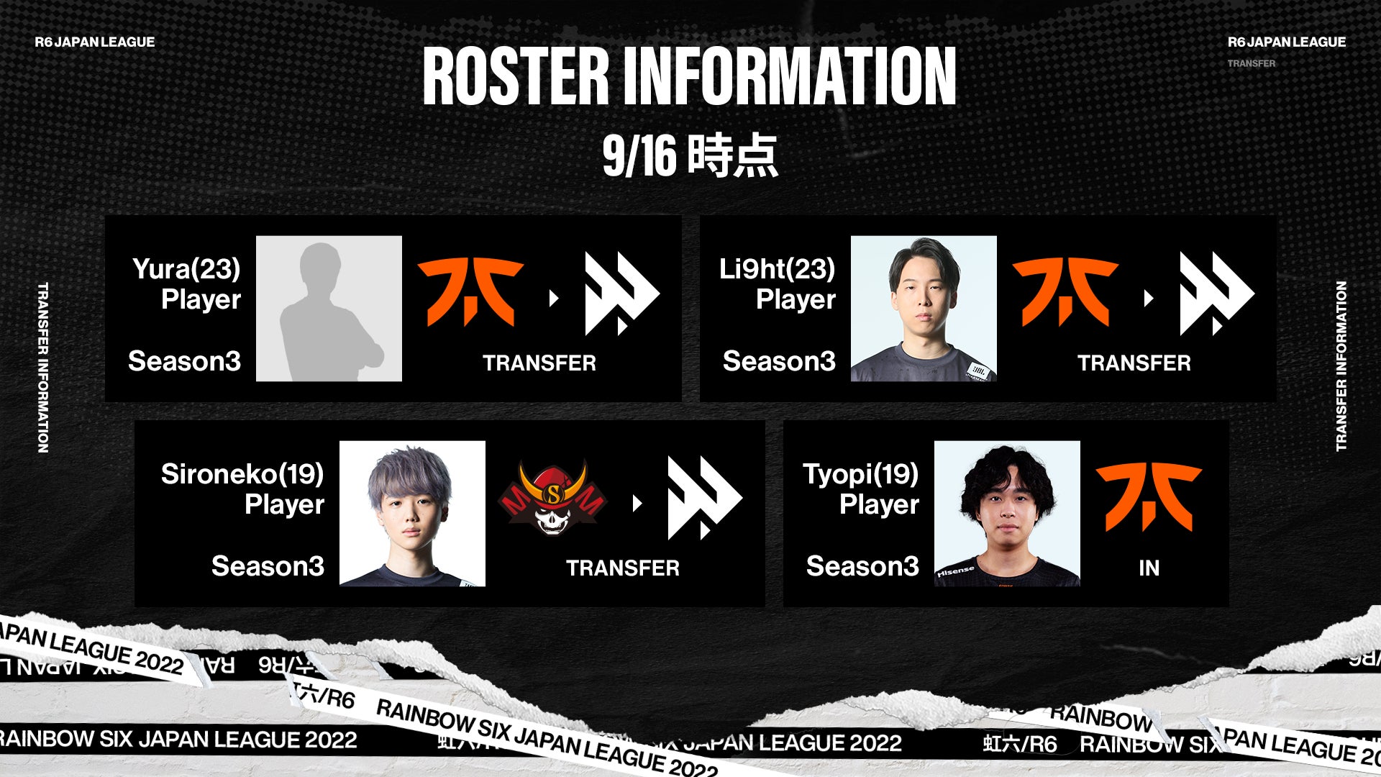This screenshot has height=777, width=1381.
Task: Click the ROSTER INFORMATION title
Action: coord(689,76)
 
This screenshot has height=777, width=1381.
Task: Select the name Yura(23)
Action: coord(186,269)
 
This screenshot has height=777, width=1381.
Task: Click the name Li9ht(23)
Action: coord(777,269)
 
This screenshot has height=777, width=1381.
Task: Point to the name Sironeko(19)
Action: coord(242,474)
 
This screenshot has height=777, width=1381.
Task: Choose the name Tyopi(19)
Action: coord(860,474)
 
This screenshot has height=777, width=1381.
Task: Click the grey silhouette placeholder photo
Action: coord(329,309)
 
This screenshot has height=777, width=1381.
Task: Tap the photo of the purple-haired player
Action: coord(412,514)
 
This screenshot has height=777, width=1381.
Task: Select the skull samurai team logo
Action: coord(552,498)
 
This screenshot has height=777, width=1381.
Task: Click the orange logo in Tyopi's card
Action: coord(1149,496)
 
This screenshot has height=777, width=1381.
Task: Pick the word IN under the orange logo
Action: coord(1149,568)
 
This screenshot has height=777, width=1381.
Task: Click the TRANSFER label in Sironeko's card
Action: coord(622,568)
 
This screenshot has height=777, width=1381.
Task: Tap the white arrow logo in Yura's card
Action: coord(621,294)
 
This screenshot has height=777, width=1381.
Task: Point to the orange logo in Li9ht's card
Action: coord(1065,292)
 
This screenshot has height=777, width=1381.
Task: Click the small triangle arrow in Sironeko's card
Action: coord(637,504)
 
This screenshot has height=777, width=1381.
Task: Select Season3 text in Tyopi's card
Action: coord(862,567)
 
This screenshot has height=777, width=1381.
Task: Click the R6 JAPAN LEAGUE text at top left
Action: coord(95,42)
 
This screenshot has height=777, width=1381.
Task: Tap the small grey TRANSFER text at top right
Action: coord(1251,63)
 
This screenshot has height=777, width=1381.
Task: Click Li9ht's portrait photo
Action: coord(924,309)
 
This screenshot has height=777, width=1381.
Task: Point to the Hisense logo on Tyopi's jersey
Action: coord(956,572)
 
